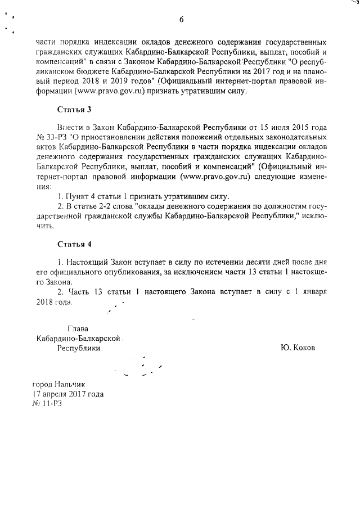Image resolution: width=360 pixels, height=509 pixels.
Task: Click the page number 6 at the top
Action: [182, 20]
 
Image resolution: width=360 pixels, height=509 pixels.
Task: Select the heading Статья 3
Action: [74, 109]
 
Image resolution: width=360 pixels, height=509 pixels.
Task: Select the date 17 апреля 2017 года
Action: [68, 394]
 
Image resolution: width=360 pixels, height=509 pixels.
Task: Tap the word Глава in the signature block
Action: [78, 328]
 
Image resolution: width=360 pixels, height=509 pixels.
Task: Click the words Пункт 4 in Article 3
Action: [80, 197]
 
